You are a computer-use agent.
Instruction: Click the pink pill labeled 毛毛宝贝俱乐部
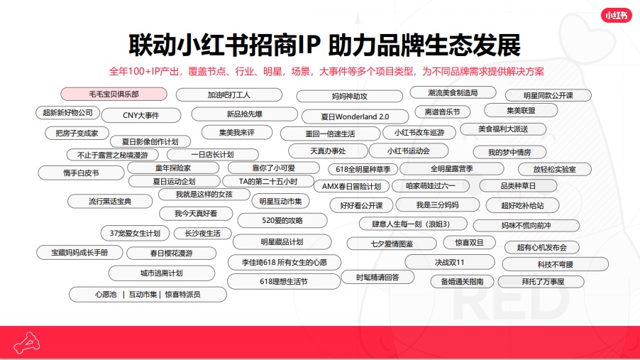114,94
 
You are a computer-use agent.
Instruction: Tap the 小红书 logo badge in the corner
616,16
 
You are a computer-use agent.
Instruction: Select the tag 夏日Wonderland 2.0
355,116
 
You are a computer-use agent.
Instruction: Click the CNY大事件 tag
140,115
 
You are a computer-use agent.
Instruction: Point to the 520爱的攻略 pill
282,221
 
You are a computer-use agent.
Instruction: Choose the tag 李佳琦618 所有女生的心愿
284,262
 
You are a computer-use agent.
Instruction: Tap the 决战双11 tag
450,262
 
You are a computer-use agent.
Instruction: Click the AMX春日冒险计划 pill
351,186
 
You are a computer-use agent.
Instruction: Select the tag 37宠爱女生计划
135,234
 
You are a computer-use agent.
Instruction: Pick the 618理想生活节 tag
284,282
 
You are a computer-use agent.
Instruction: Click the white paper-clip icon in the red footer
26,343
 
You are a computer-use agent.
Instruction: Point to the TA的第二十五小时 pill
268,182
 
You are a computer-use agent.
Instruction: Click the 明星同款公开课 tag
548,96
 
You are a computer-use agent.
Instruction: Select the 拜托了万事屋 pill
543,282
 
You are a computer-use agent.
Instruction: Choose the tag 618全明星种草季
363,169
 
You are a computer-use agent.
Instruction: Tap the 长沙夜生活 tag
202,234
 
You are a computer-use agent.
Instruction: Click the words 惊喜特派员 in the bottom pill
182,294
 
